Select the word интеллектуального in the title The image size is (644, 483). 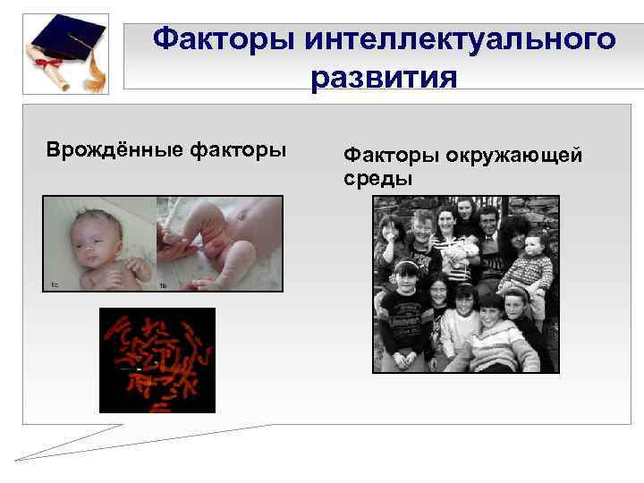460,39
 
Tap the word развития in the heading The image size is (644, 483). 384,78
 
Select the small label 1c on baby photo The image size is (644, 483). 55,284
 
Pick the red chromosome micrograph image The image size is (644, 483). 157,360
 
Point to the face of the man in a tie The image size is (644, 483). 487,219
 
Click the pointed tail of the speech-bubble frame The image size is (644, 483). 22,459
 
